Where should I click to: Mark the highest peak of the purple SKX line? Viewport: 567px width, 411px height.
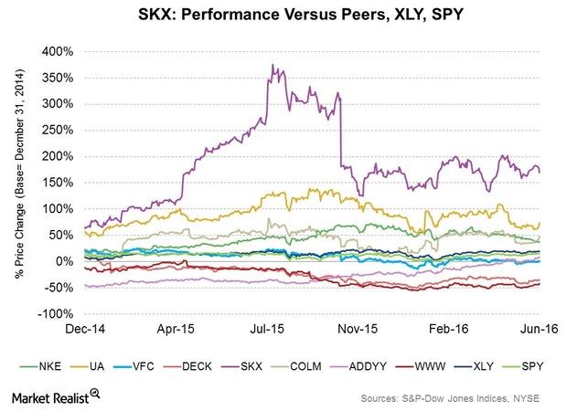pos(273,65)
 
